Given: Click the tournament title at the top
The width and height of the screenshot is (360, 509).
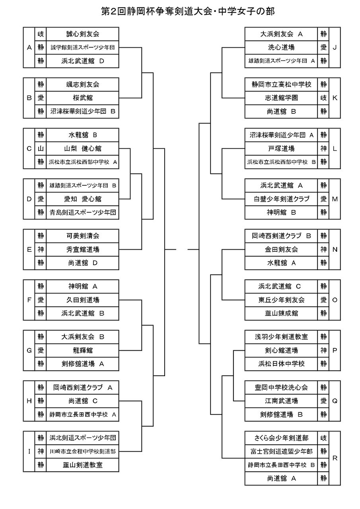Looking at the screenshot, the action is tap(188, 12).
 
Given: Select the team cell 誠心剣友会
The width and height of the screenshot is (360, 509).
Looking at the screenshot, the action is tap(82, 34).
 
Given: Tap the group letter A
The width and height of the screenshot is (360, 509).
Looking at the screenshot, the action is tap(29, 47).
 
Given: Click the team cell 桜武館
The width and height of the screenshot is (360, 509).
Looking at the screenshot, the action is tap(82, 98).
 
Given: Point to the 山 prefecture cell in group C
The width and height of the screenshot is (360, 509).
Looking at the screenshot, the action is tap(41, 149).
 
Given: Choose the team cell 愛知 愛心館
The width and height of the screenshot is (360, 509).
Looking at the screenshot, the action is tap(82, 199).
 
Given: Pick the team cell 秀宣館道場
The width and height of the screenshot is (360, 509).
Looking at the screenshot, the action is tap(82, 249).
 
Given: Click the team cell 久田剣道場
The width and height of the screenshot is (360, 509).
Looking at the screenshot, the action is tap(82, 300).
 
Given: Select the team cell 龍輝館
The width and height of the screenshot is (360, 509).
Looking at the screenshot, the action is tap(82, 350).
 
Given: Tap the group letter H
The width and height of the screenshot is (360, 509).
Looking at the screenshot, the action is tap(29, 401).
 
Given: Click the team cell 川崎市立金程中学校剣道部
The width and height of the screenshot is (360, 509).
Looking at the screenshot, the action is tap(82, 451).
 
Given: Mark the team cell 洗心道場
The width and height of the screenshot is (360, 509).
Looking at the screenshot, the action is tap(281, 47).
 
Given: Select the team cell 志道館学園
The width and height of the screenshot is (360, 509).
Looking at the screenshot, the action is tap(281, 98).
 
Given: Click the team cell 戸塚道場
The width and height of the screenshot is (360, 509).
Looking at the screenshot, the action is tap(281, 149).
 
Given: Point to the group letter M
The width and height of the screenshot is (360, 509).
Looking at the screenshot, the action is tap(335, 199).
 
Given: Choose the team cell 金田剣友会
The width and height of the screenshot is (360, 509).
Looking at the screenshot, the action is tap(281, 249).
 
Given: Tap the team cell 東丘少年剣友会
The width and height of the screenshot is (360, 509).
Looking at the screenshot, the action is tap(281, 300).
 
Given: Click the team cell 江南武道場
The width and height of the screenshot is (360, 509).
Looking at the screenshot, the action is tap(281, 401).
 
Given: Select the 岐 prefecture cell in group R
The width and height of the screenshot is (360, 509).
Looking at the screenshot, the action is tap(323, 438).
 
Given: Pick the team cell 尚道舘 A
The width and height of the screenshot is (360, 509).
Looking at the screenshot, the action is tap(281, 478).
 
